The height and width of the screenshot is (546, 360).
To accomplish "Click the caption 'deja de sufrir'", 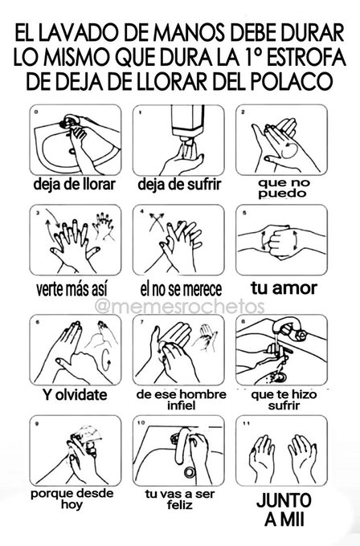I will (x=179, y=183).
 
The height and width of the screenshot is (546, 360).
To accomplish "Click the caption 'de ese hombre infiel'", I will (x=179, y=399).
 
